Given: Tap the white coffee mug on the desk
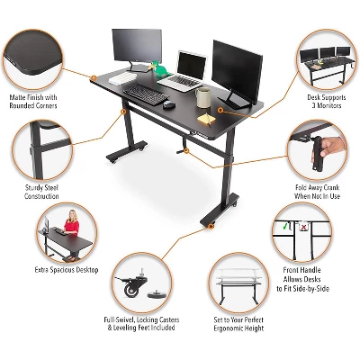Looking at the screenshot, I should [x=202, y=96].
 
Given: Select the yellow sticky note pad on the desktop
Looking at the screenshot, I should [x=209, y=116].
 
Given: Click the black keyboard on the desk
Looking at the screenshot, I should [x=143, y=92].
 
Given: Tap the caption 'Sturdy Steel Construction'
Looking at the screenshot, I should [x=41, y=192].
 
